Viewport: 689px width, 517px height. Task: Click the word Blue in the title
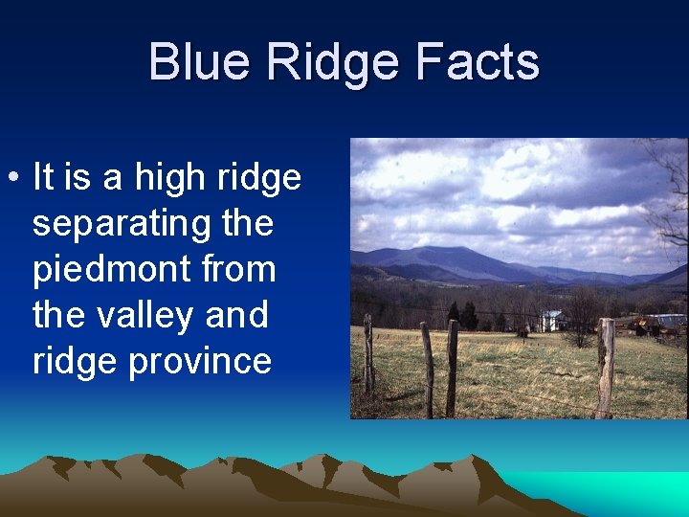click(x=200, y=62)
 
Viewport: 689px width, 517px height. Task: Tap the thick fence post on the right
click(x=605, y=368)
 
